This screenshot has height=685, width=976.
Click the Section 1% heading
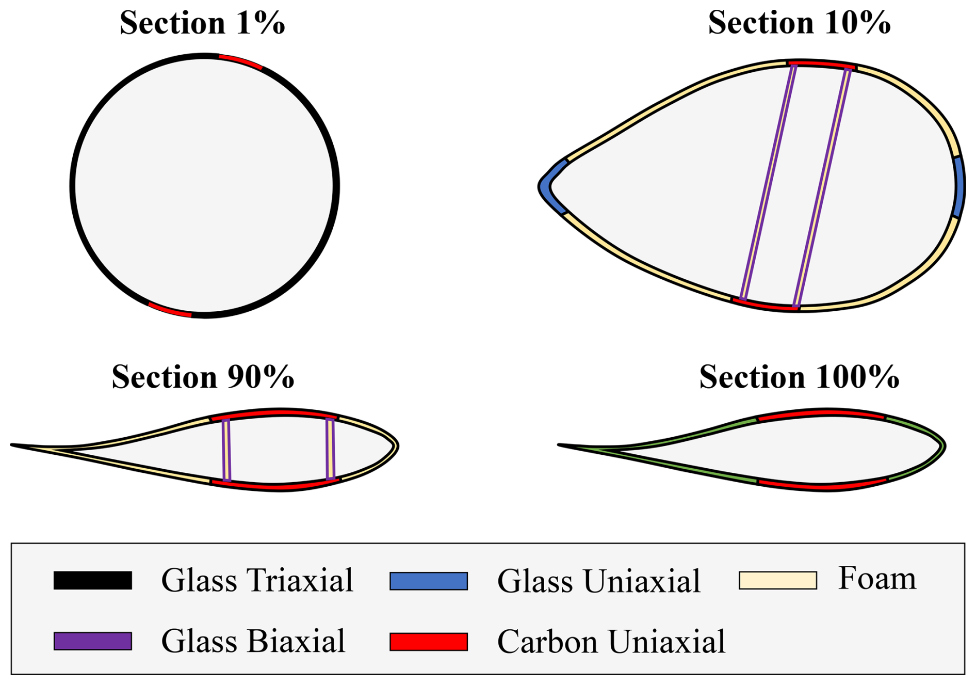(x=202, y=23)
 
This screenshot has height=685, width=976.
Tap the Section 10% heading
(x=799, y=23)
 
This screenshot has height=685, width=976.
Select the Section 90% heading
(x=203, y=377)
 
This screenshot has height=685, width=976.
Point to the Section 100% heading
(x=799, y=377)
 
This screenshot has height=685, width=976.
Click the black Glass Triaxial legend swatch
(x=93, y=580)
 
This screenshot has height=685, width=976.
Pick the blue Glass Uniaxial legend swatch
(x=429, y=580)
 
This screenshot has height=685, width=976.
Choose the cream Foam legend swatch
(x=778, y=580)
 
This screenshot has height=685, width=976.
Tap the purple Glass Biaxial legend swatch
(x=93, y=641)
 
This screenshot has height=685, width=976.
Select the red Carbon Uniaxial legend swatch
(x=429, y=641)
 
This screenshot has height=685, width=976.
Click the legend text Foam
(x=877, y=578)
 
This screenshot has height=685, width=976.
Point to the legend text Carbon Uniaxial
(x=611, y=642)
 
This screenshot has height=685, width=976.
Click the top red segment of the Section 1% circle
(x=241, y=61)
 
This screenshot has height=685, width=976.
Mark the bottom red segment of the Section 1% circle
(x=170, y=310)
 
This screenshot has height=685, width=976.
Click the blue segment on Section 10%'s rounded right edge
(x=960, y=187)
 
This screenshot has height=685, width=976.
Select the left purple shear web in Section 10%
(x=768, y=182)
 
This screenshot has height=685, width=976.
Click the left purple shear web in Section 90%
(x=226, y=450)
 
